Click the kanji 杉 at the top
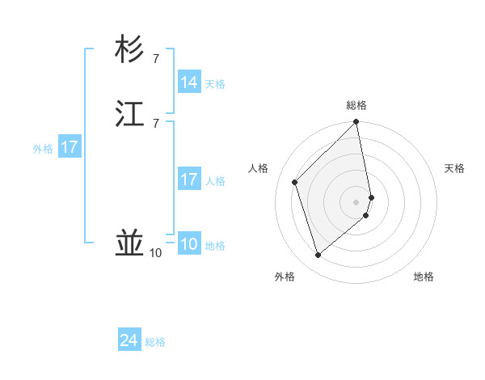click(130, 50)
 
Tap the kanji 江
click(130, 114)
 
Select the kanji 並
click(130, 243)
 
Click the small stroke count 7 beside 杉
click(155, 59)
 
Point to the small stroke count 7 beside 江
click(155, 123)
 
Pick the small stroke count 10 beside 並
click(155, 253)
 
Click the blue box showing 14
click(189, 82)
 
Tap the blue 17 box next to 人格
click(189, 179)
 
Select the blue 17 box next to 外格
click(70, 147)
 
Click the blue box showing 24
click(129, 340)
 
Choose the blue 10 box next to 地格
click(189, 244)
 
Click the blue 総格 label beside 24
click(155, 342)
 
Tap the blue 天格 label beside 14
click(215, 84)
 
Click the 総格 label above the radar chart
click(356, 105)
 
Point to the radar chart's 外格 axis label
click(285, 277)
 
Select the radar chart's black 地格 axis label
click(424, 277)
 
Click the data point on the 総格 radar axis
click(356, 123)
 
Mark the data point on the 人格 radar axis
click(296, 182)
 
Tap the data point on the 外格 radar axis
click(318, 255)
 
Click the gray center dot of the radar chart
click(356, 201)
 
